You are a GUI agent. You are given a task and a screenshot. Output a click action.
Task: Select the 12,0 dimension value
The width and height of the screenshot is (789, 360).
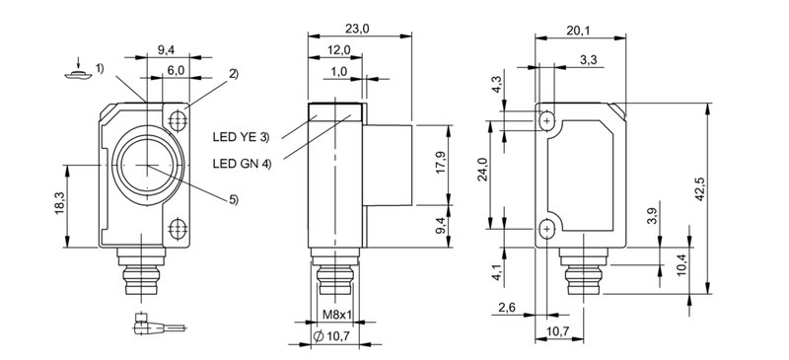pyautogui.click(x=338, y=49)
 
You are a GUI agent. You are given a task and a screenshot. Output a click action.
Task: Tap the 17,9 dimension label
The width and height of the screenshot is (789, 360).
pyautogui.click(x=441, y=160)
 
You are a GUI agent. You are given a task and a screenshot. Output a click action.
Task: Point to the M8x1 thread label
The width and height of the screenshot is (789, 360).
pyautogui.click(x=337, y=316)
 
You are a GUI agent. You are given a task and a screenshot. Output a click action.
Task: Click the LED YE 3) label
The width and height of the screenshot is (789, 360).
pyautogui.click(x=241, y=136)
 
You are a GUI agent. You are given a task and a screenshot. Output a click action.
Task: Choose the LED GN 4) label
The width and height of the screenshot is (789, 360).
pyautogui.click(x=241, y=163)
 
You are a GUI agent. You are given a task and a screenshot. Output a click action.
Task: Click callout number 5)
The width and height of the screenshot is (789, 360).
pyautogui.click(x=233, y=201)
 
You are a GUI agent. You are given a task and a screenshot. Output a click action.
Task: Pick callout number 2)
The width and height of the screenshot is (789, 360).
pyautogui.click(x=234, y=74)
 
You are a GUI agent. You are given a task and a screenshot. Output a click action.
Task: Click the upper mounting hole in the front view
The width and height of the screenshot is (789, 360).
pyautogui.click(x=179, y=120)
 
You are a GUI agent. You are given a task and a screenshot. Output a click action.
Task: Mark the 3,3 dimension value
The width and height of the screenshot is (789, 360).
pyautogui.click(x=589, y=61)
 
